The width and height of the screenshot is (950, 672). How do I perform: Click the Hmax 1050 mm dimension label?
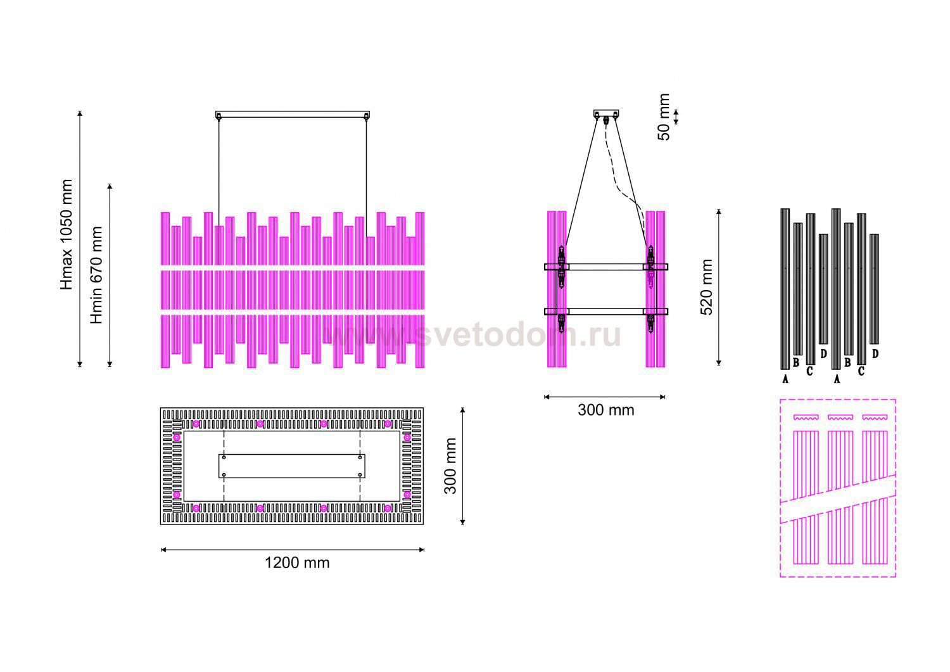[66, 234]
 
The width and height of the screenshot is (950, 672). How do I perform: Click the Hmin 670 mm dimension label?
[97, 275]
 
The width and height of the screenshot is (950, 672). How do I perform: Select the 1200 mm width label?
[297, 562]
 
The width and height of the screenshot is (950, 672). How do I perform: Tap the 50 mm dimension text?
[664, 117]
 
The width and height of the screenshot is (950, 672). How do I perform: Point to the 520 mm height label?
[706, 287]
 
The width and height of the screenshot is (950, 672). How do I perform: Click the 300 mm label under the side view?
[606, 410]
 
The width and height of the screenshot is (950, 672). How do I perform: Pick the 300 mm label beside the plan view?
[450, 466]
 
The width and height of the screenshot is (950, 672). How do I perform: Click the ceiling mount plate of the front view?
[292, 115]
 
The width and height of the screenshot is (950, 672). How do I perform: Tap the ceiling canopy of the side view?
[606, 113]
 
